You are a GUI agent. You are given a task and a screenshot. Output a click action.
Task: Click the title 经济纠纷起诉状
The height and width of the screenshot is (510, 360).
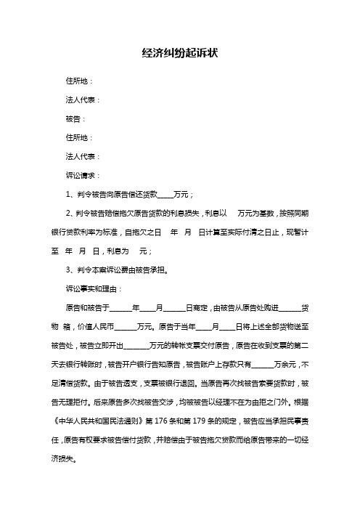(x=180, y=54)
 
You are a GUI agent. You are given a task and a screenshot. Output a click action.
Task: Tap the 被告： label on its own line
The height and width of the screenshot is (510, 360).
(x=75, y=118)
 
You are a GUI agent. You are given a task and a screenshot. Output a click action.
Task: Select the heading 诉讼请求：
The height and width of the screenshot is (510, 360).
(x=84, y=175)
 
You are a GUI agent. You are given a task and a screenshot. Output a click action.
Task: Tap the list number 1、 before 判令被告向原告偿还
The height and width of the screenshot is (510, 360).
(x=71, y=194)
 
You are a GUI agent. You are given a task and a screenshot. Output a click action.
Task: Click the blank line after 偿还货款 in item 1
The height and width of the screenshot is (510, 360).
(x=165, y=195)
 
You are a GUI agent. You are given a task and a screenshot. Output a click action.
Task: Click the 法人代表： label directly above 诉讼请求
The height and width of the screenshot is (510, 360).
(x=84, y=156)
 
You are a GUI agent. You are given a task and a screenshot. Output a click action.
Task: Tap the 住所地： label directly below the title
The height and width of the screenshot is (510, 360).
(x=80, y=81)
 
